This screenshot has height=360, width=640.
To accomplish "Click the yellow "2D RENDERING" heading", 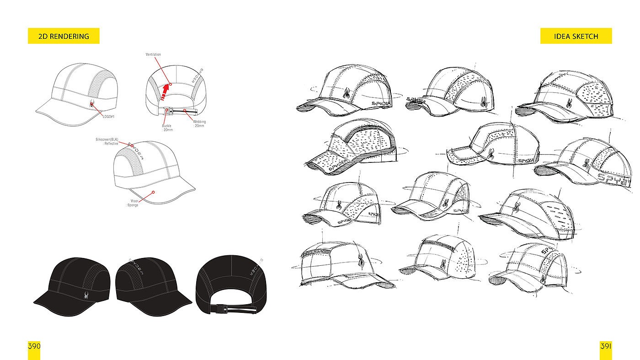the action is tap(64, 36).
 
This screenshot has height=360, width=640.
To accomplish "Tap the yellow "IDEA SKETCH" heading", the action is tap(576, 36).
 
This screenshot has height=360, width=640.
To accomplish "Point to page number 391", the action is tap(606, 346).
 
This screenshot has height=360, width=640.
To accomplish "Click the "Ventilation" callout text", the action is tap(153, 54).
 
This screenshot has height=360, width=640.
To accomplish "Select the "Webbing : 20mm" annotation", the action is tap(199, 124).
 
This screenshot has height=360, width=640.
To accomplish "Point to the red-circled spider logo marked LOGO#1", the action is tap(92, 104).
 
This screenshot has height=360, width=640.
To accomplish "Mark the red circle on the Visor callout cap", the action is tap(153, 192).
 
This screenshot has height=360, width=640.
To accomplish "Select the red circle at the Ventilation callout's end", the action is tap(170, 84).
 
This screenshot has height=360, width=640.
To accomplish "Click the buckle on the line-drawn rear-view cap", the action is tap(168, 111).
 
